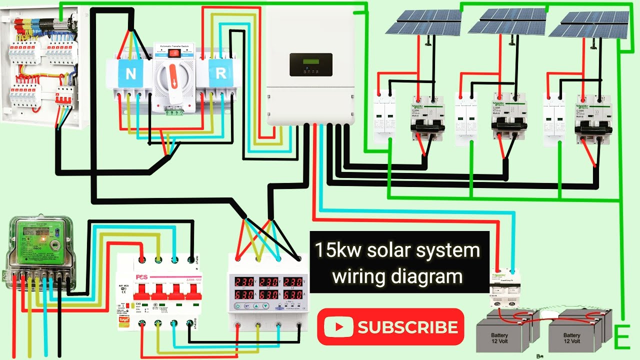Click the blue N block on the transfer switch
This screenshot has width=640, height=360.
coord(130,74)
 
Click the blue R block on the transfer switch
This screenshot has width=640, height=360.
coord(220,74)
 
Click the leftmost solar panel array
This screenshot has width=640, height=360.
coord(423,22)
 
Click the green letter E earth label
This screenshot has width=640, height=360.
coord(621,338)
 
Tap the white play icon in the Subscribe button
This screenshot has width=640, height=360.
coord(338,327)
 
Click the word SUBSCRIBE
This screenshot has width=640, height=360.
coord(407,327)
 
